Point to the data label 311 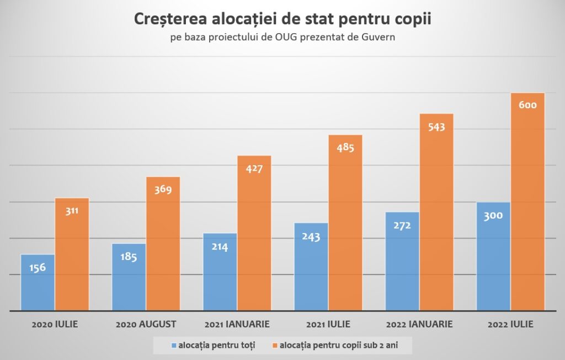pos(72,210)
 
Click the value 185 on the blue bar pos(128,257)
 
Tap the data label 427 pos(254,168)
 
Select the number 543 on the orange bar pos(436,126)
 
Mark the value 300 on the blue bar pos(493,215)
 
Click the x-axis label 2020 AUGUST pos(146,324)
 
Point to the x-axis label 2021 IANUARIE pos(237,324)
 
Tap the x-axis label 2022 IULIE pos(510,324)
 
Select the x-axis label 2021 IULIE pos(328,324)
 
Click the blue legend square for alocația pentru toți pos(174,346)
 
